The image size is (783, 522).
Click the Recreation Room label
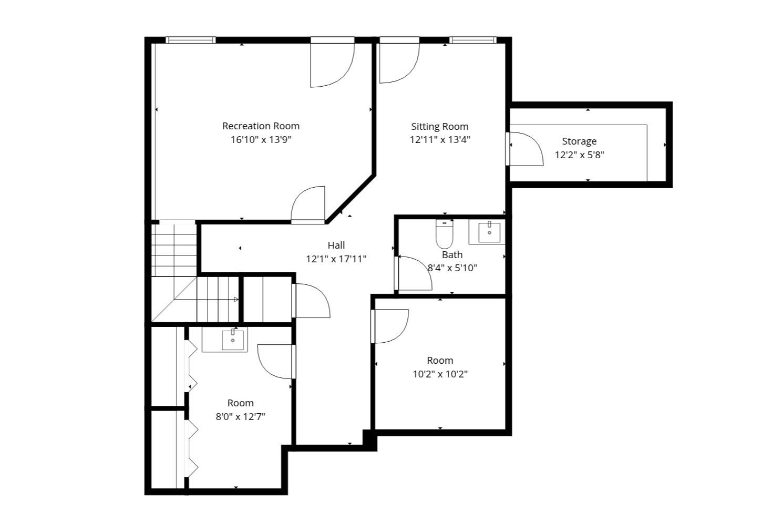click(261, 126)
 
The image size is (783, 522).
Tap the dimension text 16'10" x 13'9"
click(261, 140)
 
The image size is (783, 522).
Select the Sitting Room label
click(440, 127)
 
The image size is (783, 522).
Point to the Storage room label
click(579, 141)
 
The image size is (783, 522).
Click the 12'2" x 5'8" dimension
click(579, 155)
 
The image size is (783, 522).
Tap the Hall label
click(336, 245)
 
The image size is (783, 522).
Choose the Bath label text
click(452, 255)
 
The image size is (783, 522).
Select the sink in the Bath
click(489, 232)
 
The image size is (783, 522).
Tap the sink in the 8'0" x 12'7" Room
click(232, 340)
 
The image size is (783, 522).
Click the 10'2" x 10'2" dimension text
click(440, 374)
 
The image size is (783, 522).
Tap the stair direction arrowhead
click(236, 300)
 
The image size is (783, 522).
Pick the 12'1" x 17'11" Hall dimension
click(336, 259)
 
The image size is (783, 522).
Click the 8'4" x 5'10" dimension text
click(452, 268)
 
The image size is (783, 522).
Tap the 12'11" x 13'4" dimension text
click(440, 140)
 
